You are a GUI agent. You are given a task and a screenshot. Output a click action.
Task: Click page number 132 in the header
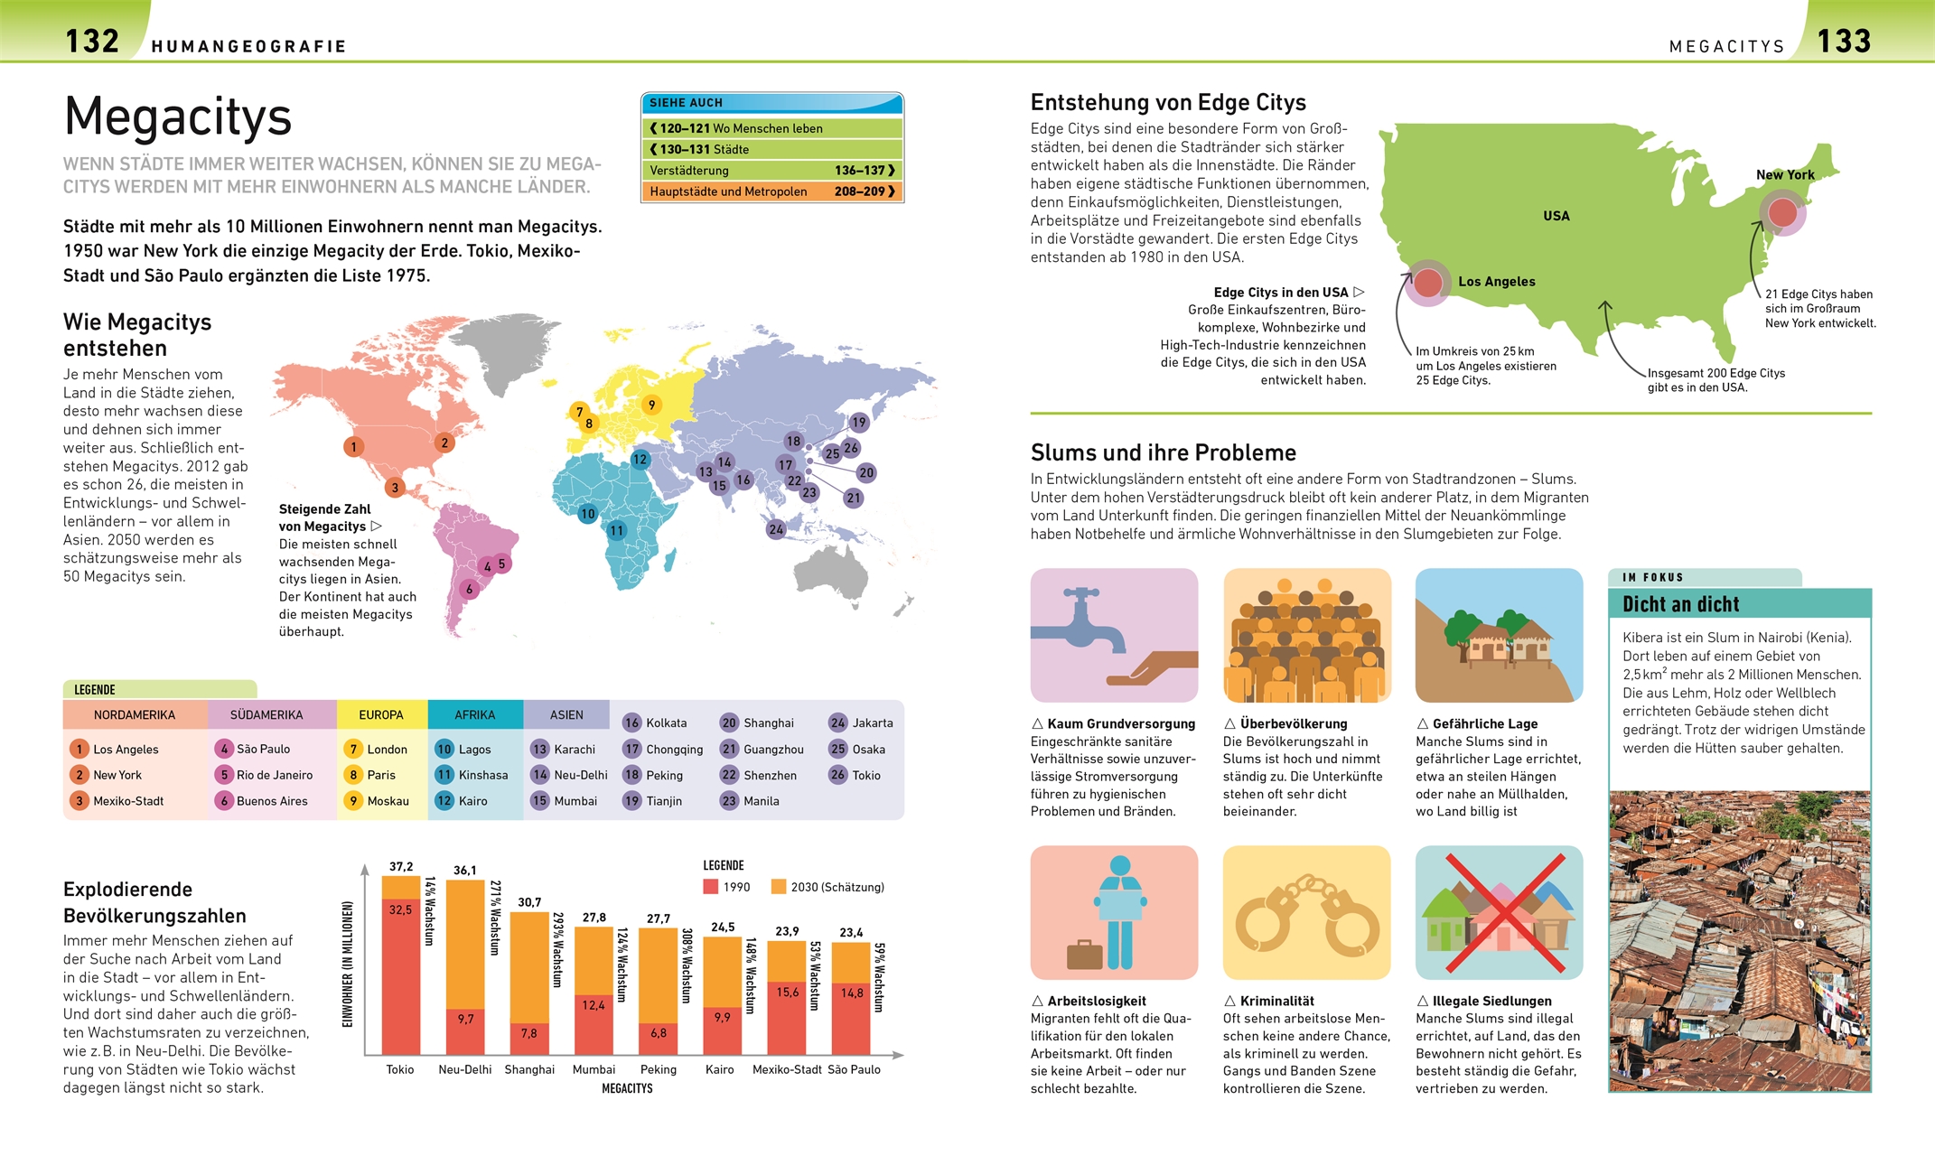pyautogui.click(x=92, y=41)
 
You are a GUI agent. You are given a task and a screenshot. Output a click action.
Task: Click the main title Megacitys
pyautogui.click(x=178, y=117)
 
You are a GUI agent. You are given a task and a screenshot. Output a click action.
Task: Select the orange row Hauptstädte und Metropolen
pyautogui.click(x=771, y=191)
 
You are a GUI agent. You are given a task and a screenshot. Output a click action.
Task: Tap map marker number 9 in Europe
pyautogui.click(x=651, y=405)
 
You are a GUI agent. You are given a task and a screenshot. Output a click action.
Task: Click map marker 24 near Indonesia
pyautogui.click(x=776, y=529)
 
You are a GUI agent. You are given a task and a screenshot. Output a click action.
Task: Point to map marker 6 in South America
pyautogui.click(x=469, y=589)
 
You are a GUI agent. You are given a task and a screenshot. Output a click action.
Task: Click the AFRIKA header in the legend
pyautogui.click(x=474, y=714)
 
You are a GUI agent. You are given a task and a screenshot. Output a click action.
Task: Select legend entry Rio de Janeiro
pyautogui.click(x=274, y=775)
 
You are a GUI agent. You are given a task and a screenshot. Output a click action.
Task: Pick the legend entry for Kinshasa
pyautogui.click(x=482, y=775)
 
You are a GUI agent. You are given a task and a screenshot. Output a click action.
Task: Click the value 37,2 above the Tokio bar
pyautogui.click(x=401, y=866)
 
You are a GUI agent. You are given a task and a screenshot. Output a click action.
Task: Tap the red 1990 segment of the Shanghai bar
pyautogui.click(x=529, y=1034)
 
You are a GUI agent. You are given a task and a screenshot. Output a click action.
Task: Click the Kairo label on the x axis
pyautogui.click(x=719, y=1069)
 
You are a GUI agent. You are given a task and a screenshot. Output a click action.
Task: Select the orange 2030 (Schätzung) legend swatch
pyautogui.click(x=779, y=887)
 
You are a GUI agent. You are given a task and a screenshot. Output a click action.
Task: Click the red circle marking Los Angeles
pyautogui.click(x=1427, y=283)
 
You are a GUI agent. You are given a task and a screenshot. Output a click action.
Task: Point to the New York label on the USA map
pyautogui.click(x=1784, y=174)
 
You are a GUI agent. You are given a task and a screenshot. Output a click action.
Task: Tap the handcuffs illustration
pyautogui.click(x=1306, y=914)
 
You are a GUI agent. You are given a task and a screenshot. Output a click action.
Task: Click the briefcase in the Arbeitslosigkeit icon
pyautogui.click(x=1084, y=955)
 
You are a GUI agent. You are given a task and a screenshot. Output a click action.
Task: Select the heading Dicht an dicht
pyautogui.click(x=1680, y=604)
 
